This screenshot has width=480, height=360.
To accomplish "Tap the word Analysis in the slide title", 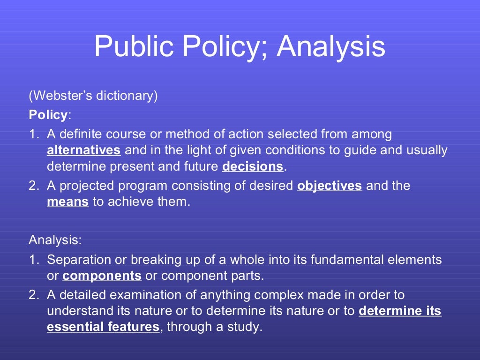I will coord(331,46).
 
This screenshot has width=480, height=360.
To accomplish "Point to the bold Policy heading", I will coord(48,115).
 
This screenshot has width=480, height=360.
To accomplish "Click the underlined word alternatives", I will coord(84,150).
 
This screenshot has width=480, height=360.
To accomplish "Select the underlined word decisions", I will coord(253,166).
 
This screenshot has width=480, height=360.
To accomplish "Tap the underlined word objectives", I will coord(330,186).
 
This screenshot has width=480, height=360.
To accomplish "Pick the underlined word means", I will coord(67,202).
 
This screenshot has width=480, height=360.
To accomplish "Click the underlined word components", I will coord(102,276).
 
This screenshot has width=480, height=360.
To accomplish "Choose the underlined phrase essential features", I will coord(103,327).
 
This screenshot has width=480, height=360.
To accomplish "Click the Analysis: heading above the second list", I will coord(55,240).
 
